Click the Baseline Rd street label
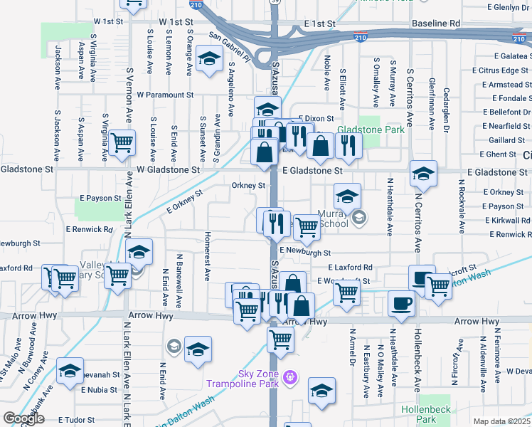pyautogui.click(x=435, y=23)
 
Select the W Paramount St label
pyautogui.click(x=165, y=94)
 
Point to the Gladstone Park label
pyautogui.click(x=371, y=130)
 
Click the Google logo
pyautogui.click(x=23, y=418)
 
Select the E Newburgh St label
pyautogui.click(x=305, y=252)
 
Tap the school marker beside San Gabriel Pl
pyautogui.click(x=209, y=59)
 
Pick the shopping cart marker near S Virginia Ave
pyautogui.click(x=122, y=142)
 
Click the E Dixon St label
pyautogui.click(x=316, y=118)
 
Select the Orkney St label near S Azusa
pyautogui.click(x=248, y=186)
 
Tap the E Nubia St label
pyautogui.click(x=99, y=390)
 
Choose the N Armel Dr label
pyautogui.click(x=352, y=353)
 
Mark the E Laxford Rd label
pyautogui.click(x=350, y=268)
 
